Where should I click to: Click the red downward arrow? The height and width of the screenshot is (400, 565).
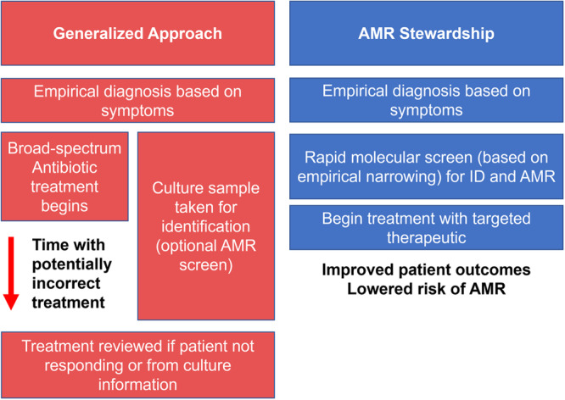tap(11, 273)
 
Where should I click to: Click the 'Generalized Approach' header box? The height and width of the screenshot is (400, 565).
tap(137, 33)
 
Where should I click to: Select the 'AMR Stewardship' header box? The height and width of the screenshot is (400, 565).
tap(426, 33)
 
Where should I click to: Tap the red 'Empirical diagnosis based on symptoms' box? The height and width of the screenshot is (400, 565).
tap(137, 101)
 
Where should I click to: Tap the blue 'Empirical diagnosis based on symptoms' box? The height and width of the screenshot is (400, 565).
tap(426, 100)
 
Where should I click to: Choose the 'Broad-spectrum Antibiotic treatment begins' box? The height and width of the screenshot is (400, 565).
tap(64, 176)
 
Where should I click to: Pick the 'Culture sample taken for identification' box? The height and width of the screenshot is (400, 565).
tap(206, 226)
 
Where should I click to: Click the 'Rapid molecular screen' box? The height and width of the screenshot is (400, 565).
tap(426, 167)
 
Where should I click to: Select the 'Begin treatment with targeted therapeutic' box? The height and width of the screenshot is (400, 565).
tap(426, 228)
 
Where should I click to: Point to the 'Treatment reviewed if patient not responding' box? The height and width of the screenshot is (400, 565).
tap(137, 365)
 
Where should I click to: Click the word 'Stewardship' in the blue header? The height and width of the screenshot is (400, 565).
tap(447, 34)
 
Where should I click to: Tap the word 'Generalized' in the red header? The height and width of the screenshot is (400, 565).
tap(98, 34)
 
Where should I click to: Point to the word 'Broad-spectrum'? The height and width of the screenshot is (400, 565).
tap(64, 148)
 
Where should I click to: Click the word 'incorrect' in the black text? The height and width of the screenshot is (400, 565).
tap(66, 283)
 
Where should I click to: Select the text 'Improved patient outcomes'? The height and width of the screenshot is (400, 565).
tap(426, 269)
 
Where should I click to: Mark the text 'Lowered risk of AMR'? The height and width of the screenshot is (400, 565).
tap(426, 289)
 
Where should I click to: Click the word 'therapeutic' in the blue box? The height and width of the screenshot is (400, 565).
tap(426, 237)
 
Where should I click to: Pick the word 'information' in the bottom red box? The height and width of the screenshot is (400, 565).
tap(137, 385)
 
